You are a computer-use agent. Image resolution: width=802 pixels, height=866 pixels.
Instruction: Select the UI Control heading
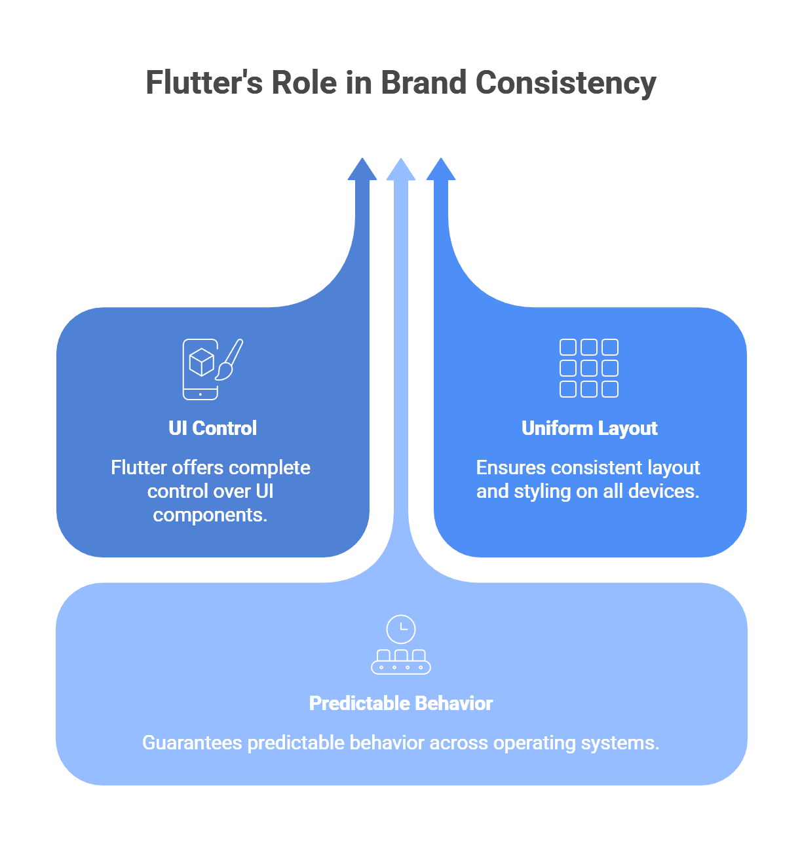212,428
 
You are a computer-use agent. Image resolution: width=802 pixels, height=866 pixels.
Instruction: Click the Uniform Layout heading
589,428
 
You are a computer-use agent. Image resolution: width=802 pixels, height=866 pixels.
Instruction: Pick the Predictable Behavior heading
401,704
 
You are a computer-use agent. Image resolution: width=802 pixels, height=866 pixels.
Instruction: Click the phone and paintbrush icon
211,369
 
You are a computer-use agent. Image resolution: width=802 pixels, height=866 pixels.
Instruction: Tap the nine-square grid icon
589,368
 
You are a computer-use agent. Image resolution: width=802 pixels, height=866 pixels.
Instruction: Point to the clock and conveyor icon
401,645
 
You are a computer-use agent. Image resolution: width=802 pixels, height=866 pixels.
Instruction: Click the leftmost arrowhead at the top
362,170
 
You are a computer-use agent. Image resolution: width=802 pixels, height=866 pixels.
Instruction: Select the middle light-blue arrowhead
401,170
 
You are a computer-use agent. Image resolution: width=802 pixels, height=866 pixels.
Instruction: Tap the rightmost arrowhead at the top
441,170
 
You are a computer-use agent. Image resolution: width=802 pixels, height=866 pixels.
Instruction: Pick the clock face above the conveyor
401,630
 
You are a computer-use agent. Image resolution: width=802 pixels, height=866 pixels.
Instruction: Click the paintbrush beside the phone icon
229,360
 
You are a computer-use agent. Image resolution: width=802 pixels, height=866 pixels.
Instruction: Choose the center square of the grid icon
589,368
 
